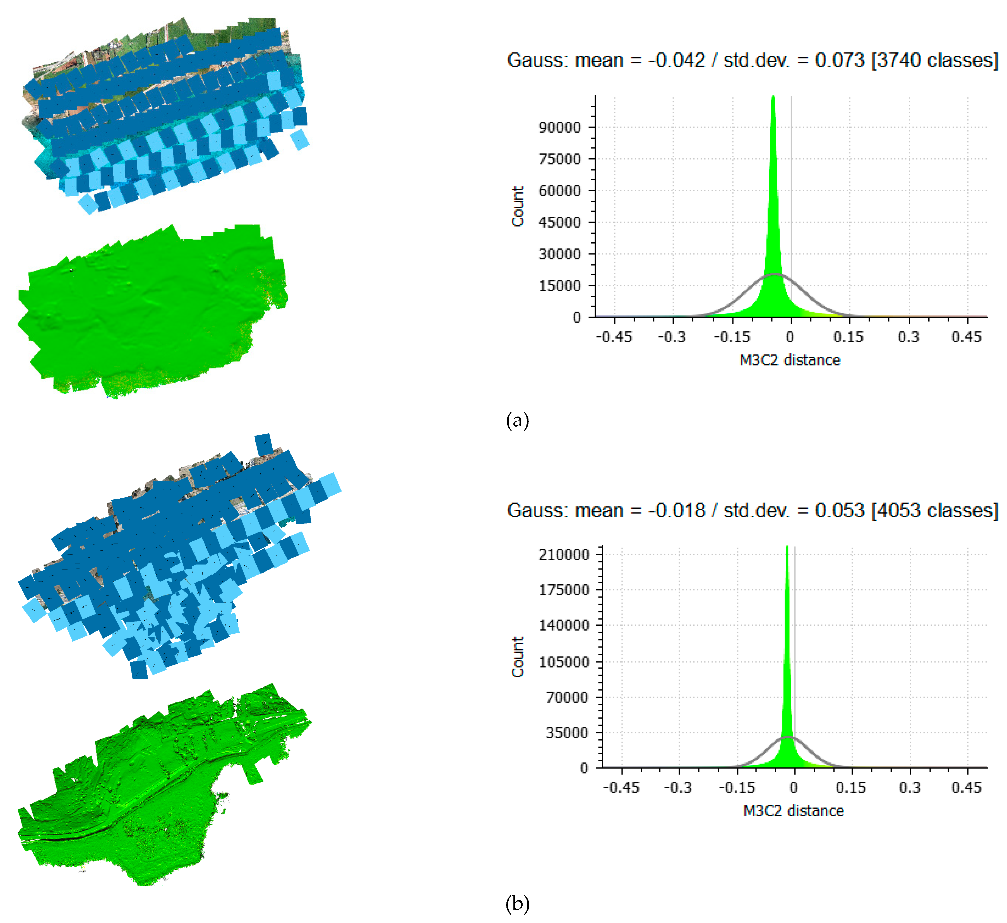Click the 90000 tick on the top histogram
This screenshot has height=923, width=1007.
click(x=559, y=127)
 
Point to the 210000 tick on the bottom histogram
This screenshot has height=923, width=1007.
click(x=563, y=554)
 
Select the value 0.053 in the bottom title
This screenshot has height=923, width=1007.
click(x=840, y=511)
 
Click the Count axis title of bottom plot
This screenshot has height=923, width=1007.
click(x=518, y=657)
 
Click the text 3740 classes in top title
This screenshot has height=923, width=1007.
click(x=934, y=61)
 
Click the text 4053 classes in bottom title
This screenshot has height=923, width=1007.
click(x=934, y=511)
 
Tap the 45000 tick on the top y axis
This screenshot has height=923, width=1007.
click(x=559, y=223)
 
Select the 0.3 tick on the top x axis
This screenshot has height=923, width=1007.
click(x=908, y=337)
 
